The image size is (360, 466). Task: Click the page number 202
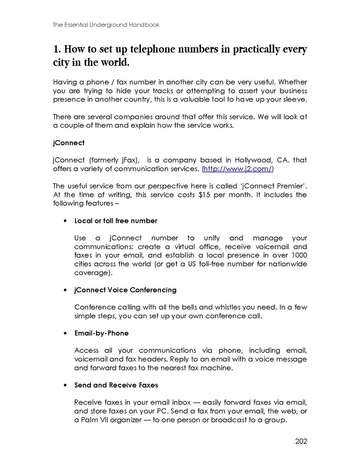[x=301, y=441]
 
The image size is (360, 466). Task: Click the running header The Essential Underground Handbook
[x=106, y=25]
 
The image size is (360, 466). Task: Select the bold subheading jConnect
[x=69, y=143]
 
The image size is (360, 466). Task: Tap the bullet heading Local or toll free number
[x=116, y=221]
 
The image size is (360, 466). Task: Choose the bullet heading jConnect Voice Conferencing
[x=125, y=290]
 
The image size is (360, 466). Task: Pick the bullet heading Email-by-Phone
[x=101, y=333]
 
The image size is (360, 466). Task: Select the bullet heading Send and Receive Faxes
[x=116, y=385]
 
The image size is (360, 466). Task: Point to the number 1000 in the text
[x=299, y=255]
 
